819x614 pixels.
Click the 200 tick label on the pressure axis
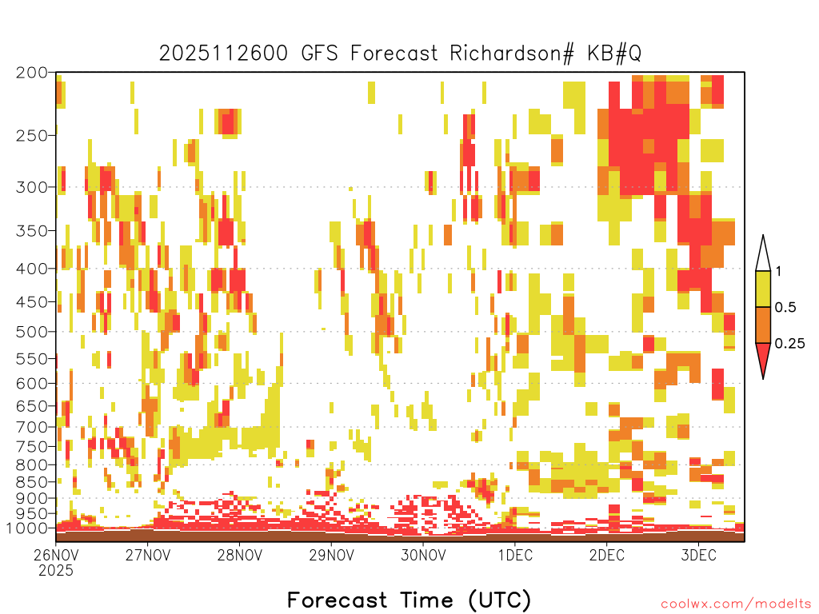(x=31, y=73)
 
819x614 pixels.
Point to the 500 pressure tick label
(x=31, y=332)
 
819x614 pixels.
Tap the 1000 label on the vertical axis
(x=27, y=528)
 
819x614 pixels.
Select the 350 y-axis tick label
(x=31, y=231)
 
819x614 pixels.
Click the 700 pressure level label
(x=31, y=427)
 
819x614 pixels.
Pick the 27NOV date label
(x=148, y=555)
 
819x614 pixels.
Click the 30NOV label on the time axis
(x=423, y=555)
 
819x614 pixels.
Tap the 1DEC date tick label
(x=515, y=555)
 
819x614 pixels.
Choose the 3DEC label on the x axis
(x=698, y=555)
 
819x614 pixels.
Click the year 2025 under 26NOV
(x=56, y=571)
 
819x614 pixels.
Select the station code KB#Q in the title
(x=614, y=54)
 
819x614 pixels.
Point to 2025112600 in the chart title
(x=223, y=54)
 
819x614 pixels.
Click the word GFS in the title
(x=320, y=54)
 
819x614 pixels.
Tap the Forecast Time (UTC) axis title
(x=409, y=600)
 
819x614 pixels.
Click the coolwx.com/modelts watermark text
(x=737, y=604)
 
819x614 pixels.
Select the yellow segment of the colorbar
(x=763, y=289)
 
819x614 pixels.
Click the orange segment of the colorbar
(x=763, y=325)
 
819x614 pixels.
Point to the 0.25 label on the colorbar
(x=789, y=344)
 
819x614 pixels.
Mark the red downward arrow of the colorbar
(x=763, y=357)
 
